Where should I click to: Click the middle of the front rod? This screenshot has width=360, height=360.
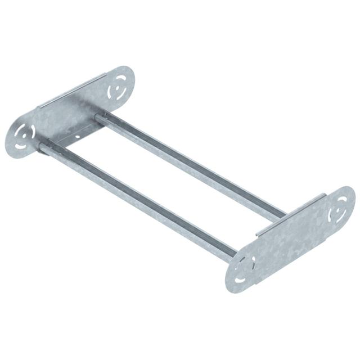coord(137,200)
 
